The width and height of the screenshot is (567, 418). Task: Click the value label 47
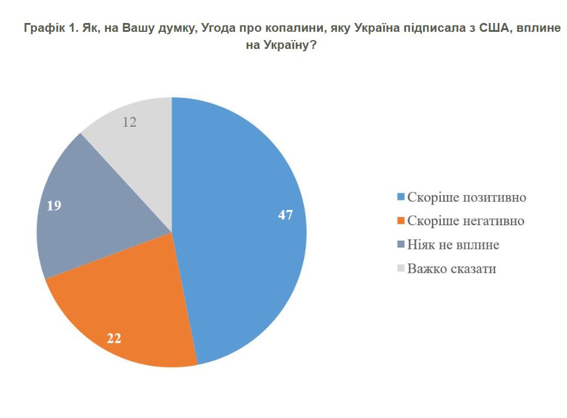click(285, 215)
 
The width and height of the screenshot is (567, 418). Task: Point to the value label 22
click(114, 338)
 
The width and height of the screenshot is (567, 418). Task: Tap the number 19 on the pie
click(54, 206)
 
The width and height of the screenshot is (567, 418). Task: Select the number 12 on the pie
click(130, 122)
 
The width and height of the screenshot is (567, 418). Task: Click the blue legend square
click(401, 197)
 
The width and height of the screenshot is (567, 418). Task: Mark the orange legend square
click(401, 221)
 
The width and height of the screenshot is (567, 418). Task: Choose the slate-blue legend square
click(401, 245)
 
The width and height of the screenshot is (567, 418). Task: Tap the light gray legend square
click(401, 269)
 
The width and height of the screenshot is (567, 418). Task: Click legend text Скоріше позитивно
click(466, 197)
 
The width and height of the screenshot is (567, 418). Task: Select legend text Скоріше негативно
click(465, 221)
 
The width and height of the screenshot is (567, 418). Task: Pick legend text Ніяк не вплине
click(449, 245)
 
